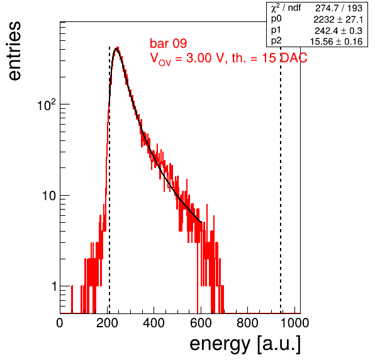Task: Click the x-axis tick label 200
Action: pos(107,323)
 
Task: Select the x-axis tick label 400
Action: pos(154,323)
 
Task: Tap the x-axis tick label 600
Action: pos(201,323)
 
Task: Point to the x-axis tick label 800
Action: pos(247,323)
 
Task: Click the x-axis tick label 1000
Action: pos(294,323)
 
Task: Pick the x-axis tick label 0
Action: pos(60,323)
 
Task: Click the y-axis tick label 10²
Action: pos(47,104)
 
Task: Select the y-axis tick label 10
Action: pos(49,196)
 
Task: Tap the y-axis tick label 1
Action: pos(54,286)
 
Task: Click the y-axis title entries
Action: pos(14,51)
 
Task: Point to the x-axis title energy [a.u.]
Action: pos(245,344)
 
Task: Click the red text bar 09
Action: pos(169,43)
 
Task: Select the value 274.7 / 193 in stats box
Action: pos(339,8)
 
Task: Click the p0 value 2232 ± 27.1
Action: pos(338,20)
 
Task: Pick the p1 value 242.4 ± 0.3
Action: pos(339,31)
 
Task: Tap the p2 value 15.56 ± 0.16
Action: pos(336,42)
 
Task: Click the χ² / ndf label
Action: pos(286,8)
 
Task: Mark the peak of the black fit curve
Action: pos(116,49)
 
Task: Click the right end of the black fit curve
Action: pos(201,222)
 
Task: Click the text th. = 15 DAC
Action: pos(269,58)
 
